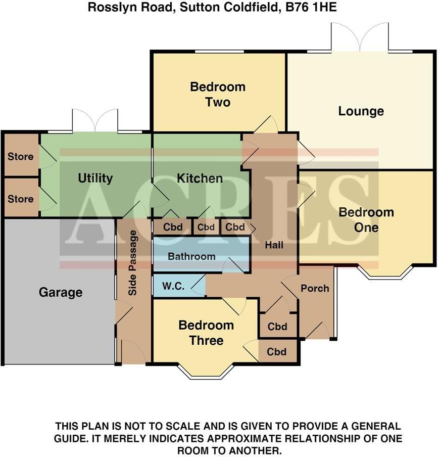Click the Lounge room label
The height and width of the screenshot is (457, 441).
click(361, 111)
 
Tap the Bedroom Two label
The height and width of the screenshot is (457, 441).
click(218, 95)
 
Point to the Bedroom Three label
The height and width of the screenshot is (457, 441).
click(206, 333)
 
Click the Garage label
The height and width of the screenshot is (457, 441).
click(60, 292)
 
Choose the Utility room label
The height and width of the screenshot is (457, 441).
click(95, 178)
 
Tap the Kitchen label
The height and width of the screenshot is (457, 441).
click(200, 178)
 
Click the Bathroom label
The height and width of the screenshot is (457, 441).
click(191, 256)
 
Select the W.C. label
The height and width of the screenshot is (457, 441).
click(173, 287)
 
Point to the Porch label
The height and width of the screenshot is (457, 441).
click(315, 288)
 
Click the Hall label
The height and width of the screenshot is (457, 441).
click(274, 245)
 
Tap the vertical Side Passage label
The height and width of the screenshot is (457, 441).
click(133, 263)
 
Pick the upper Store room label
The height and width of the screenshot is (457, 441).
click(20, 156)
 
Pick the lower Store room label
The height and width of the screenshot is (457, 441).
click(20, 199)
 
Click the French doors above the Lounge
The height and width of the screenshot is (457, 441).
click(360, 38)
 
